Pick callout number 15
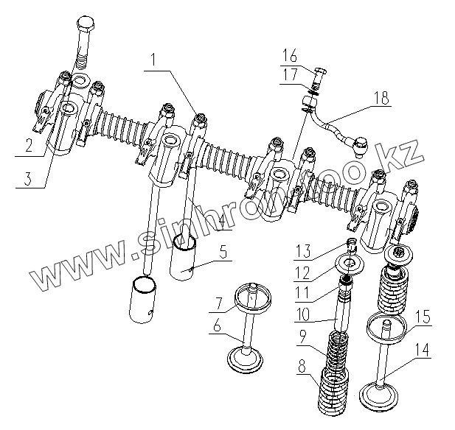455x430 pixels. [x=423, y=317]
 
